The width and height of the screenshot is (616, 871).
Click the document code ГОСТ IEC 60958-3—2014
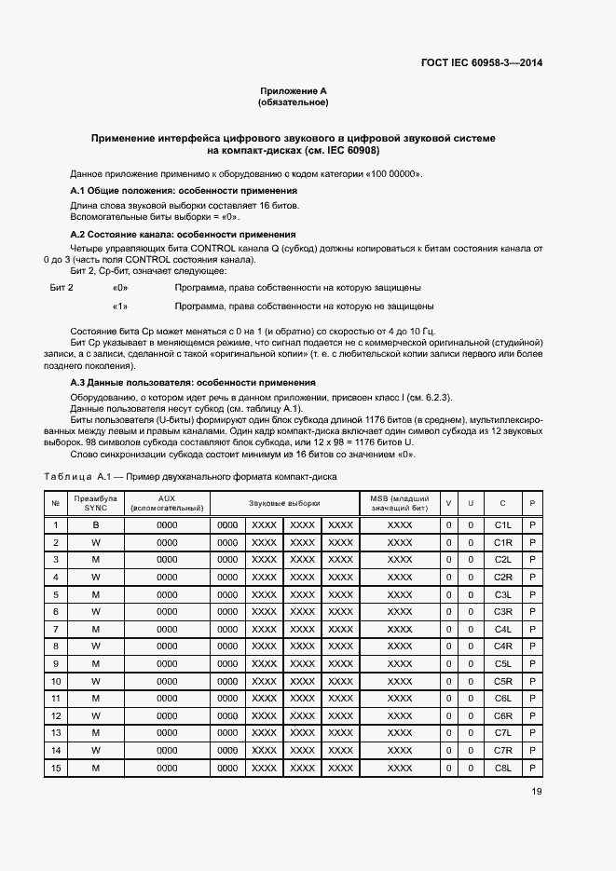(x=482, y=64)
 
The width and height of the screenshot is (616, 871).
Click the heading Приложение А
(x=293, y=91)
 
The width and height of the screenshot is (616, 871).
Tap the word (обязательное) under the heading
(x=293, y=102)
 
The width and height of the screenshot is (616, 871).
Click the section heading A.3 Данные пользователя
(x=193, y=383)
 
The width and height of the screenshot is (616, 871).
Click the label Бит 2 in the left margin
(x=62, y=288)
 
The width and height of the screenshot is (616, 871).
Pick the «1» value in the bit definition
(x=119, y=306)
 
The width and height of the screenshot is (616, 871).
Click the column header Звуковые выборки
(x=284, y=503)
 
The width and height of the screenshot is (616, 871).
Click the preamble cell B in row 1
(x=95, y=524)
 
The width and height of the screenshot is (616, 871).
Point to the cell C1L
(x=503, y=524)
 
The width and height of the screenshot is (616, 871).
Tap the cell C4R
(x=503, y=646)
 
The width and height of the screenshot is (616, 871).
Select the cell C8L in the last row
(x=503, y=768)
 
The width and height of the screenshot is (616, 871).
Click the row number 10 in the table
(x=56, y=681)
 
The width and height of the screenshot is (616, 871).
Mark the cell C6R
(x=503, y=715)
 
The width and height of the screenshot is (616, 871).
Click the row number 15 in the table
(x=56, y=768)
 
